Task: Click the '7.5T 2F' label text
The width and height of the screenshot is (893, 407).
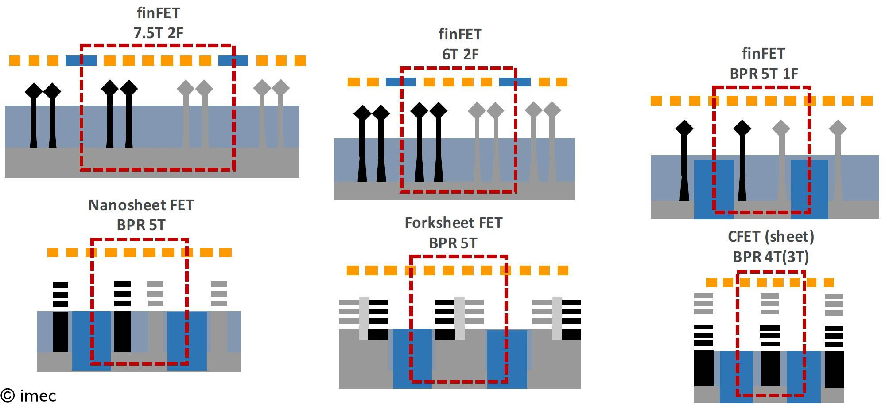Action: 158,33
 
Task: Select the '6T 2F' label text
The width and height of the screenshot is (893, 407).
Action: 460,54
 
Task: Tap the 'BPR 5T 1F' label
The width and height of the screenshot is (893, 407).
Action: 764,74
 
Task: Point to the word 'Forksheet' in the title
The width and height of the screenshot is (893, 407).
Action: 434,223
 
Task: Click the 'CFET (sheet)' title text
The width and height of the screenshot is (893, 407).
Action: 771,236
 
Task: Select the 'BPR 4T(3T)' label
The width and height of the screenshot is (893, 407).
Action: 771,257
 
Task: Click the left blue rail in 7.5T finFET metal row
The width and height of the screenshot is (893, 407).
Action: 81,61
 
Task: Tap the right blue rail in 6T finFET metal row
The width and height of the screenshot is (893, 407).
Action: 515,82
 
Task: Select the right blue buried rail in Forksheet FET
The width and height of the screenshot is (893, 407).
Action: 507,359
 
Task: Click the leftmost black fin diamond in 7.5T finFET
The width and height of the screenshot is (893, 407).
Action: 34,90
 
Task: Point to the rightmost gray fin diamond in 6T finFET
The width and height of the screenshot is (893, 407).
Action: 552,110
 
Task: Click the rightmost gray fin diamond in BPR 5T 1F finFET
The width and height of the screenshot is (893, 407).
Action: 838,129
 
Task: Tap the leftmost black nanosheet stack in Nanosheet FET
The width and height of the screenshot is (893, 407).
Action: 61,295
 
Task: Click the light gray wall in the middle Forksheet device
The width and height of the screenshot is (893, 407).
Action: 460,318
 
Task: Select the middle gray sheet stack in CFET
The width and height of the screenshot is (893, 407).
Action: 769,304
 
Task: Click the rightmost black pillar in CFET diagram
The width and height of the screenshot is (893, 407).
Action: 834,368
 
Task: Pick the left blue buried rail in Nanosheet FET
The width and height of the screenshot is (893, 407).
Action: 91,340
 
